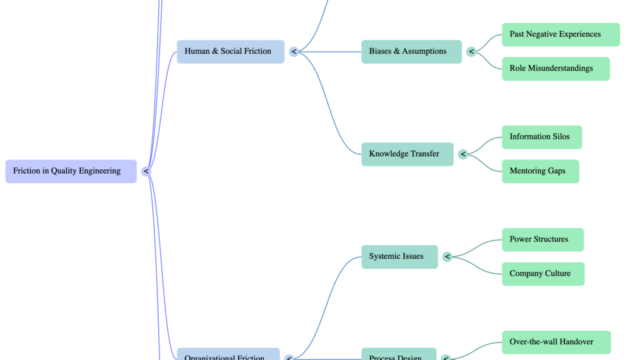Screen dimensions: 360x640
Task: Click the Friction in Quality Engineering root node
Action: (71, 171)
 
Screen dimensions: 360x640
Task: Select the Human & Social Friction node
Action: (230, 51)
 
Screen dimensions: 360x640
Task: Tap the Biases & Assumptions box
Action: (411, 51)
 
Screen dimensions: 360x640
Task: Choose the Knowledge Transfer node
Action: (407, 154)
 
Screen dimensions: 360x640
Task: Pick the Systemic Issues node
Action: (399, 256)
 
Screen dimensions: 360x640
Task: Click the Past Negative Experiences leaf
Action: (560, 34)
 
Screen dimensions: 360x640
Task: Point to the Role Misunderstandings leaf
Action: (555, 69)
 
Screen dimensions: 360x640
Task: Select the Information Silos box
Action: (541, 137)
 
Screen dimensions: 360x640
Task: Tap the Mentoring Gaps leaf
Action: (540, 171)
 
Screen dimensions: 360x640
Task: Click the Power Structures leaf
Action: (542, 239)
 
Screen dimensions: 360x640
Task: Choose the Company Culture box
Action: (542, 274)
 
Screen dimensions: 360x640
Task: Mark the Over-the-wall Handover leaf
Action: (556, 342)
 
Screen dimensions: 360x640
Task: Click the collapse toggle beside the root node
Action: (146, 171)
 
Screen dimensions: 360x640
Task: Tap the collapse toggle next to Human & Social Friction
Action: (294, 52)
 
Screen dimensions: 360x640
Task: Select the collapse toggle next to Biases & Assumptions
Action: (471, 52)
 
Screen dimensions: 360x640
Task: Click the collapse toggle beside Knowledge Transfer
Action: (463, 154)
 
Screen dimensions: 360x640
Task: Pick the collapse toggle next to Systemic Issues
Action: (447, 257)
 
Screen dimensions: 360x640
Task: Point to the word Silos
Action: (559, 137)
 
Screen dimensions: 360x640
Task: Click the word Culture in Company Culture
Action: (557, 274)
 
